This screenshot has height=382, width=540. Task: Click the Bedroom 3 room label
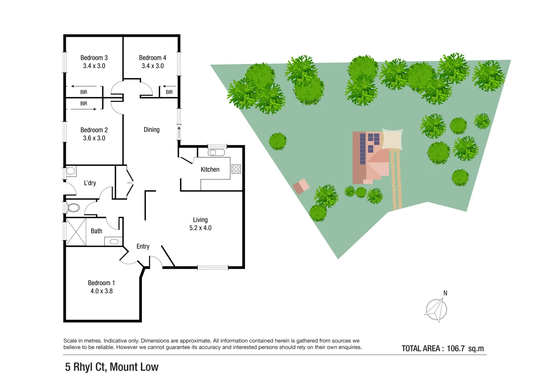point(94,58)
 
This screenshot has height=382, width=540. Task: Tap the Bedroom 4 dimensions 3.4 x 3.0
point(152,66)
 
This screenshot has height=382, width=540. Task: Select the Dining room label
point(151,130)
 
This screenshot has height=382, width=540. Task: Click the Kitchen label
point(210,169)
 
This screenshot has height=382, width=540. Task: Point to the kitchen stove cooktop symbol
point(236,169)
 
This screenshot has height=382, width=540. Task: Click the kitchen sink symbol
point(216,152)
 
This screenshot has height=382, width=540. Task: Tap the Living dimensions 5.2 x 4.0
point(200,228)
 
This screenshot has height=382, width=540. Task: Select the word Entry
point(143,247)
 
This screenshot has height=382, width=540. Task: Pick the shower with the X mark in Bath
point(76,232)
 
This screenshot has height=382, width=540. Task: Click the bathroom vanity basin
point(114,242)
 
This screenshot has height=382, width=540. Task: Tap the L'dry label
point(90,183)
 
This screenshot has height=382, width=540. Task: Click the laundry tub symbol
point(71,172)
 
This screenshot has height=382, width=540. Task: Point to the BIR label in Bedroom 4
point(169,92)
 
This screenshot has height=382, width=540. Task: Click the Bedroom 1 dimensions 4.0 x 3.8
point(101,291)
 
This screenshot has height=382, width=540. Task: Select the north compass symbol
point(436,310)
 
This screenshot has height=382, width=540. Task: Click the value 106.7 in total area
point(455,348)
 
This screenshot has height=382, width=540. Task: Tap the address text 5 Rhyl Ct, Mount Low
point(112,367)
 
